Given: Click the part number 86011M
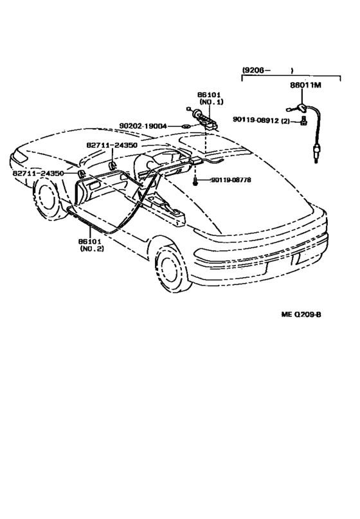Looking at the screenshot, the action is coord(305,85).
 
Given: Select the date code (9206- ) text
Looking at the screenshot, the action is coord(267,70).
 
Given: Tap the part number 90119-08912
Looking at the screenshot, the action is coord(256,120).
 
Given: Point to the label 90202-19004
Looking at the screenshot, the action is coord(143,126).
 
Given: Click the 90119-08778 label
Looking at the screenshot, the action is coord(231,179).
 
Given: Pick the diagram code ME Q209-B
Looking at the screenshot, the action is coord(301,314).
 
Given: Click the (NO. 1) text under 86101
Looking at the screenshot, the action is coord(211,102).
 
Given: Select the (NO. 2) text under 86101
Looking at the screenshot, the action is coord(92,248).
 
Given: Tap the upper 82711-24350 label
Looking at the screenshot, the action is coord(112,145).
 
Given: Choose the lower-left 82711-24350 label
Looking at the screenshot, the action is coord(38,173).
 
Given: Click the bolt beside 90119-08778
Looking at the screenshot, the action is coord(196,181).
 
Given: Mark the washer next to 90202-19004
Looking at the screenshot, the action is coord(186,126).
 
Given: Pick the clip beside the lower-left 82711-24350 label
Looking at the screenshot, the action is coord(82,174).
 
